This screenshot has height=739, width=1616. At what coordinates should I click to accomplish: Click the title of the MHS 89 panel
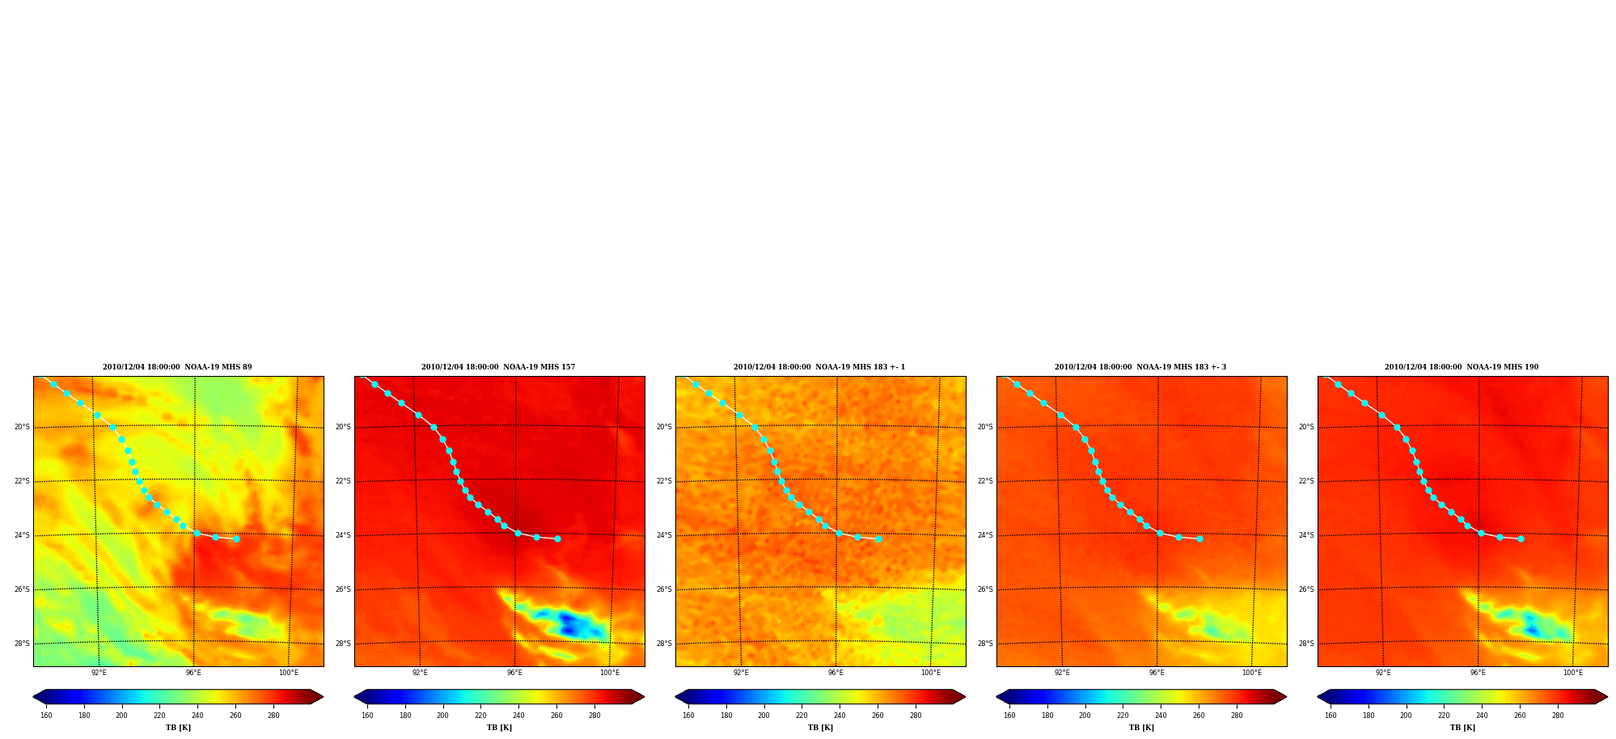[x=177, y=367]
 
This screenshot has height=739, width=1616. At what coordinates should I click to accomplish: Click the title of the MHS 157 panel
[x=498, y=367]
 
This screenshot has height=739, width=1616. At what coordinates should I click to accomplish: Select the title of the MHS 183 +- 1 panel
[x=819, y=367]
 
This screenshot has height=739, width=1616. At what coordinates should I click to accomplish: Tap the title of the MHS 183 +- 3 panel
[x=1140, y=367]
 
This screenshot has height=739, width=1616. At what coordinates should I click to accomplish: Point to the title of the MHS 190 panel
[x=1462, y=367]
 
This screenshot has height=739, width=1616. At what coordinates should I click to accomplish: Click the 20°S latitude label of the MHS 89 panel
[x=22, y=427]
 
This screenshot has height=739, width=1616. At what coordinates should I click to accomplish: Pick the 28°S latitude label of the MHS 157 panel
[x=343, y=644]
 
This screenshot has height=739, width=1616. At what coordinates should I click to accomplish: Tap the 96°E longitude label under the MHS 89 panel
[x=193, y=673]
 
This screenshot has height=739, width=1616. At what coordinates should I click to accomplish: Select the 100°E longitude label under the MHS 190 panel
[x=1572, y=673]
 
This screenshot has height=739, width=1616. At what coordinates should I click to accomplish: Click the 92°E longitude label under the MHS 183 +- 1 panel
[x=741, y=673]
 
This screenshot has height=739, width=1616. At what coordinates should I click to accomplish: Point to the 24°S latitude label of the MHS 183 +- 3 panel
[x=985, y=535]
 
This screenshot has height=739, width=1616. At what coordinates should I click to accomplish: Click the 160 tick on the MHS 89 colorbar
[x=46, y=715]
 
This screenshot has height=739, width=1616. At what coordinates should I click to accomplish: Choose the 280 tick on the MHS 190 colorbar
[x=1558, y=715]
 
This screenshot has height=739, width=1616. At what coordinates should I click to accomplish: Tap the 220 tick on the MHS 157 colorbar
[x=480, y=715]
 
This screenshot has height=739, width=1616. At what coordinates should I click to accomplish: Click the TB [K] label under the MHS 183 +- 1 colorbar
[x=820, y=728]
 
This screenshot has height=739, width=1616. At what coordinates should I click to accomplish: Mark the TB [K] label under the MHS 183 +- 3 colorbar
[x=1141, y=728]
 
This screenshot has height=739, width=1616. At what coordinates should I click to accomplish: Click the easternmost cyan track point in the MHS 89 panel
[x=236, y=538]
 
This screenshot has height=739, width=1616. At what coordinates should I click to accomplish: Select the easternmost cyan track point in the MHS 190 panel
[x=1521, y=538]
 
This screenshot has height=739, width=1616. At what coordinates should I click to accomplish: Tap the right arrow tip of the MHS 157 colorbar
[x=644, y=697]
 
